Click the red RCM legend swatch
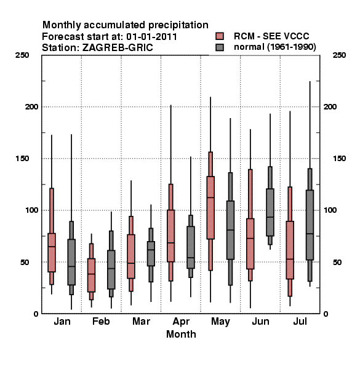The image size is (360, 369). [x=220, y=36]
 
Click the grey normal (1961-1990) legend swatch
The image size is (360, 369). [x=220, y=47]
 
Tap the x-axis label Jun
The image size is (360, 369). [x=260, y=322]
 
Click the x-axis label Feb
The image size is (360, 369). [x=101, y=322]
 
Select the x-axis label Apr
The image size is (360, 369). [x=181, y=322]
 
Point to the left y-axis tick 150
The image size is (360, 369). [x=22, y=159]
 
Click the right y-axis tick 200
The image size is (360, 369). [x=330, y=107]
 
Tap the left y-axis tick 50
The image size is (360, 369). [x=25, y=262]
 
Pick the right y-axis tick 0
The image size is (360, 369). [x=326, y=314]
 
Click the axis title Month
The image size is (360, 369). [x=181, y=334]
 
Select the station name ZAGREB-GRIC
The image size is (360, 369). [x=118, y=48]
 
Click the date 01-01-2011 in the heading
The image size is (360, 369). [x=151, y=37]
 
